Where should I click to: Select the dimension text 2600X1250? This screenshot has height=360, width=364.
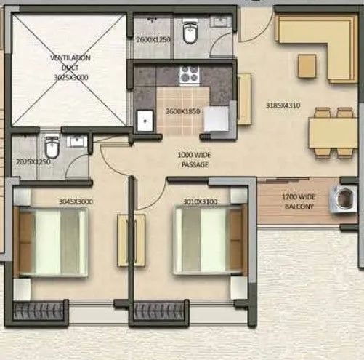(153, 39)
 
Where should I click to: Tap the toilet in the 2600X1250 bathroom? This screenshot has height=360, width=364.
(190, 33)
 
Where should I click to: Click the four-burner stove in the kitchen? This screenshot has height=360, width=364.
(190, 75)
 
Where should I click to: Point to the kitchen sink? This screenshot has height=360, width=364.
(145, 119)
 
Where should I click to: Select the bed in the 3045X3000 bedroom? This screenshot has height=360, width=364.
(52, 241)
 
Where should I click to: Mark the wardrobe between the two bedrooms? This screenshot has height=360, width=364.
(132, 240)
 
